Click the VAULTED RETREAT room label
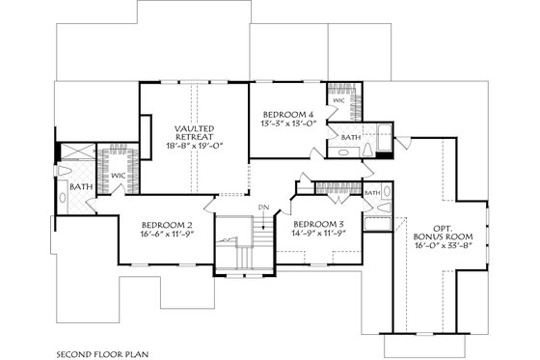coord(194,133)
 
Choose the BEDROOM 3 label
coord(319,223)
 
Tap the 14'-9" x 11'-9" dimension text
coord(319,234)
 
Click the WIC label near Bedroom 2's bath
coord(117,176)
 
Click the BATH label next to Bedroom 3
coord(371,193)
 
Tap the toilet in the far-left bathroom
coord(65,197)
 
